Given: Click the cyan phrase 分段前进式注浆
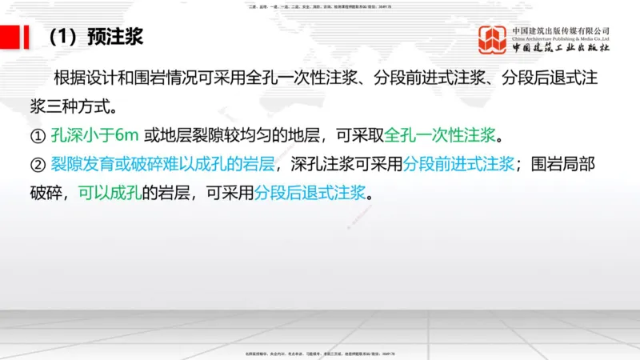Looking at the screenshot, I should pos(458,164).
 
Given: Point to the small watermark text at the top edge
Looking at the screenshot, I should pos(320,7).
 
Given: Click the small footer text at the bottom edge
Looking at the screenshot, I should pos(320,353).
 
